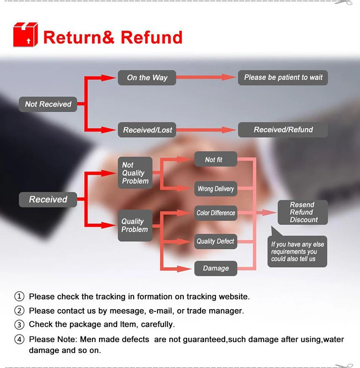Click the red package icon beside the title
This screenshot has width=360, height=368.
[x=25, y=35]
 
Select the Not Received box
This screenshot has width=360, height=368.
[x=48, y=104]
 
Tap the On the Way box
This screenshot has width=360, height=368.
[x=147, y=77]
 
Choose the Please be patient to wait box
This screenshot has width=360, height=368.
[x=283, y=77]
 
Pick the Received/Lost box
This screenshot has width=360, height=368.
[x=147, y=130]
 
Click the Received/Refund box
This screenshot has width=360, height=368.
[x=283, y=129]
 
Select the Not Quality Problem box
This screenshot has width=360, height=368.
[x=135, y=173]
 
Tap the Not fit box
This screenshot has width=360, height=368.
[x=216, y=159]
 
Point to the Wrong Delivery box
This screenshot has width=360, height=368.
[x=216, y=189]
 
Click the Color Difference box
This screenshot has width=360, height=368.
[x=216, y=213]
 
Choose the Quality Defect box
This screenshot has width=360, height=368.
[x=216, y=241]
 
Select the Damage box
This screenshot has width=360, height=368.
[x=216, y=268]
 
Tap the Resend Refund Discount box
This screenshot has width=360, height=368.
[x=302, y=212]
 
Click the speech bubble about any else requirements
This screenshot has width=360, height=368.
[x=297, y=252]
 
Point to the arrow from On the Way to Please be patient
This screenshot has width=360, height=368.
[x=206, y=77]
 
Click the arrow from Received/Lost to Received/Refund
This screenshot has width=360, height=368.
[x=206, y=130]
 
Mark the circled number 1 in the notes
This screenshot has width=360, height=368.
[x=19, y=296]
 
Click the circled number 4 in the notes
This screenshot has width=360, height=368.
[x=19, y=339]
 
